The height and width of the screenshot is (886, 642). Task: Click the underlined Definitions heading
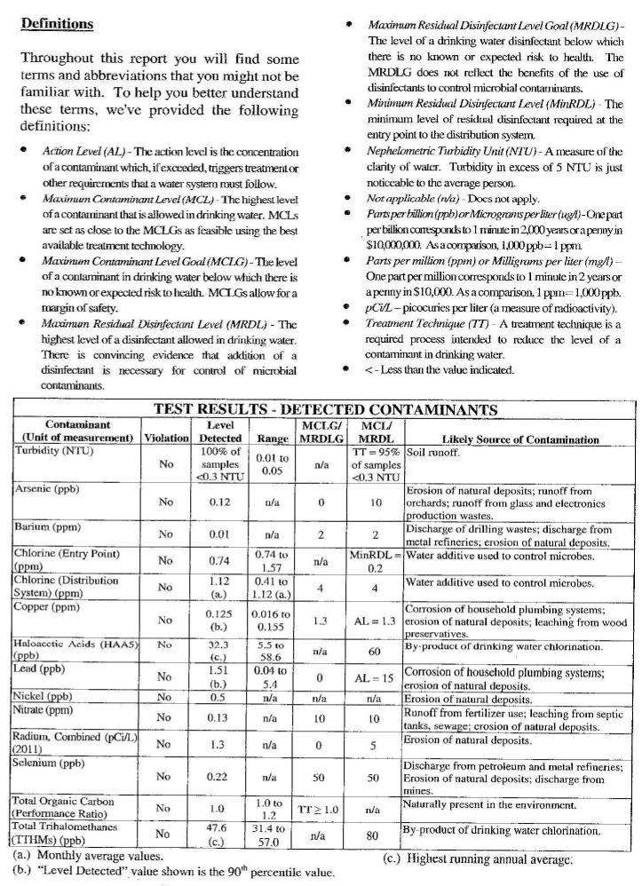pos(56,24)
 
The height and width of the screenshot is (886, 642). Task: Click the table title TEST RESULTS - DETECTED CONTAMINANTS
pos(325,409)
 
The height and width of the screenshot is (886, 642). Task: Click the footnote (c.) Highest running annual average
pos(478,858)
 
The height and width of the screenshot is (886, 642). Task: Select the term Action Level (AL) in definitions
pos(82,152)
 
